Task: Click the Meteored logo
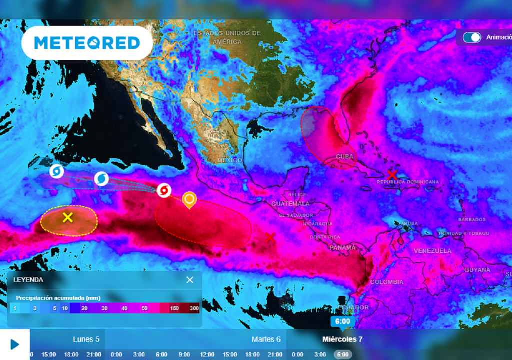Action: point(87,43)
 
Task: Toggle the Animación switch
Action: point(472,37)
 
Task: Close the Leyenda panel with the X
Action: point(190,280)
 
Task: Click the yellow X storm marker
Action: point(68,217)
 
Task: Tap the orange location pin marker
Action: point(189,199)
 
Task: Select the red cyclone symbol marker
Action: point(164,190)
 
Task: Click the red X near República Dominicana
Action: point(392,175)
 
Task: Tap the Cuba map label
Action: point(344,157)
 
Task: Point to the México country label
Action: point(229,160)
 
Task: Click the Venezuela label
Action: point(432,251)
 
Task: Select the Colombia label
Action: point(386,282)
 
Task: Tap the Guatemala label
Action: point(290,204)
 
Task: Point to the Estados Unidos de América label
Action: point(227,37)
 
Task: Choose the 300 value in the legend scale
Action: point(194,308)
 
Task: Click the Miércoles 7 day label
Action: point(342,339)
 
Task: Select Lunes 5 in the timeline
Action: point(86,339)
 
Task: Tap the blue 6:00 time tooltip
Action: point(342,321)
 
